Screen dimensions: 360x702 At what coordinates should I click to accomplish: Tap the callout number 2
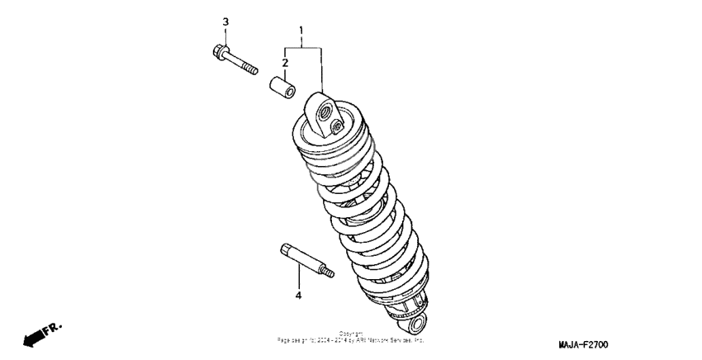pos(285,62)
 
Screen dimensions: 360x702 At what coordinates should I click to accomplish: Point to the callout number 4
pos(299,295)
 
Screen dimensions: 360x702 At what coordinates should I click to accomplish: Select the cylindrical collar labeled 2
pos(279,87)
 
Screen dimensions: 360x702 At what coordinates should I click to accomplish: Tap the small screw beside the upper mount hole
pos(337,126)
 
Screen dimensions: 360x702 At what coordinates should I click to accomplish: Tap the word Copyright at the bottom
pos(351,334)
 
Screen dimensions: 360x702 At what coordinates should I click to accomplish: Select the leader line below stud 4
pos(299,277)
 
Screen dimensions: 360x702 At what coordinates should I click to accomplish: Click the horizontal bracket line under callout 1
pos(302,49)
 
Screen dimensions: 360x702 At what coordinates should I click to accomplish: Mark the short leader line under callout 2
pos(285,72)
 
